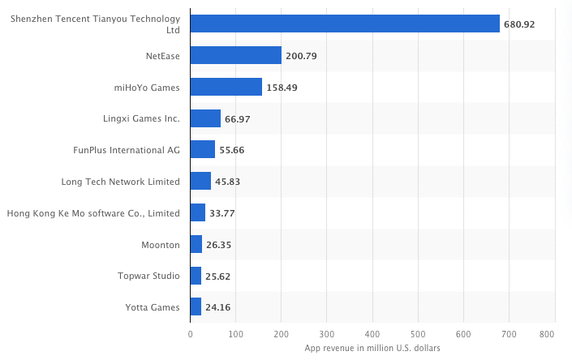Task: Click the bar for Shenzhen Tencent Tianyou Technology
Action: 345,24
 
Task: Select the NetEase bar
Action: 235,55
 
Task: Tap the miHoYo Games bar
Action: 226,87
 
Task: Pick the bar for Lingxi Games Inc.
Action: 205,118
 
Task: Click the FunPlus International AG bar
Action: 203,149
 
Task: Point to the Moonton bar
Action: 196,244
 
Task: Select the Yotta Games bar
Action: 196,306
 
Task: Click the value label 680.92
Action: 519,24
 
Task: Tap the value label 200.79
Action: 301,56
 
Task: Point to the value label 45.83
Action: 228,182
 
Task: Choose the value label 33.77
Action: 222,213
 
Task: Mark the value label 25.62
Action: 217,276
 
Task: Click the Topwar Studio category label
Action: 148,276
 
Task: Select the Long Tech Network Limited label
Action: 120,182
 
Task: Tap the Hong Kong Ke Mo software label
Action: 93,213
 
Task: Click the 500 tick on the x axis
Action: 418,334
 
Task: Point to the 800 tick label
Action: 547,334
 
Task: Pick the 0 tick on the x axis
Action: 190,334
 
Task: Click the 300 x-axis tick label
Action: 327,334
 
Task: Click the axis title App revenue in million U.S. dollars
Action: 372,349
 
